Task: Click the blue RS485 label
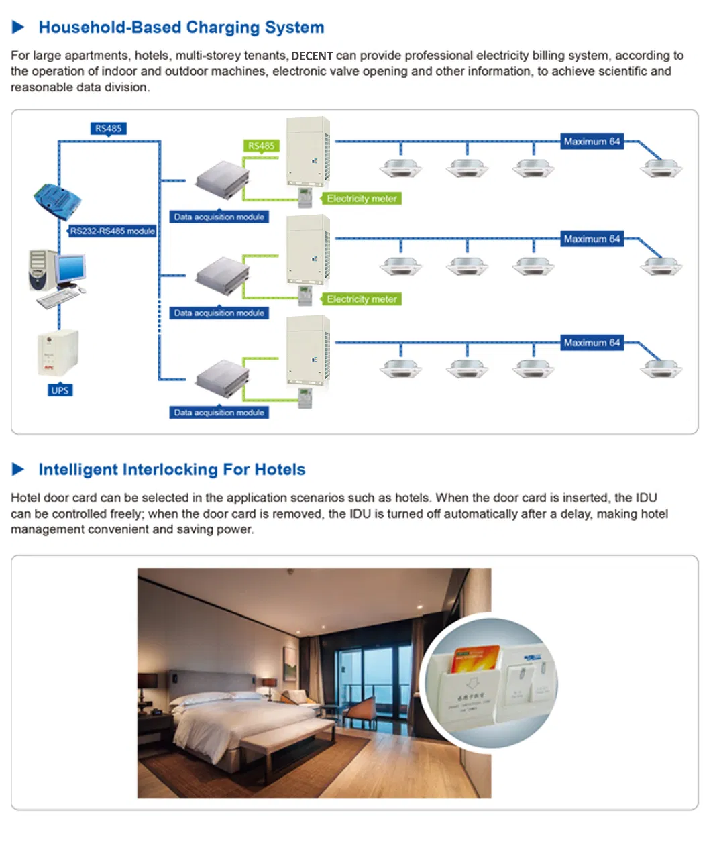[x=109, y=128]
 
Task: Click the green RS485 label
[x=261, y=146]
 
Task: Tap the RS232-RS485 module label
[x=113, y=231]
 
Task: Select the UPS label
[x=60, y=390]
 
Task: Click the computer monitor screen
[x=70, y=268]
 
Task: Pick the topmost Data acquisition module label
[x=219, y=217]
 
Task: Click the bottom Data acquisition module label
[x=219, y=413]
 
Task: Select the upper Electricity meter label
[x=362, y=199]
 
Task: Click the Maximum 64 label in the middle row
[x=592, y=239]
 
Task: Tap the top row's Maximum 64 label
[x=592, y=142]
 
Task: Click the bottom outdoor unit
[x=308, y=350]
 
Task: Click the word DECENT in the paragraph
[x=312, y=56]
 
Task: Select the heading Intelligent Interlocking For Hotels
[x=172, y=470]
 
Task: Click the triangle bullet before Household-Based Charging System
[x=18, y=27]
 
